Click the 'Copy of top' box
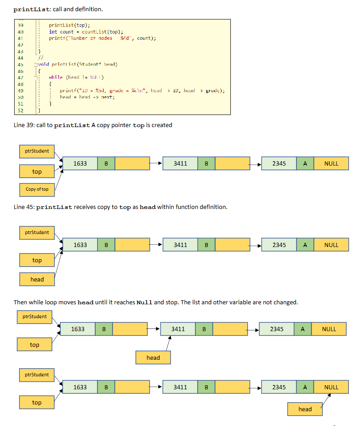37,189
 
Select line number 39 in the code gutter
20,25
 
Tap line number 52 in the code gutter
20,110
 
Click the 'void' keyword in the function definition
43,64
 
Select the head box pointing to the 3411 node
153,358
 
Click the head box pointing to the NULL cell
305,409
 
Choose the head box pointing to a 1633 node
37,279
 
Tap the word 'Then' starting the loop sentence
21,302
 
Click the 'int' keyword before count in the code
53,32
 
